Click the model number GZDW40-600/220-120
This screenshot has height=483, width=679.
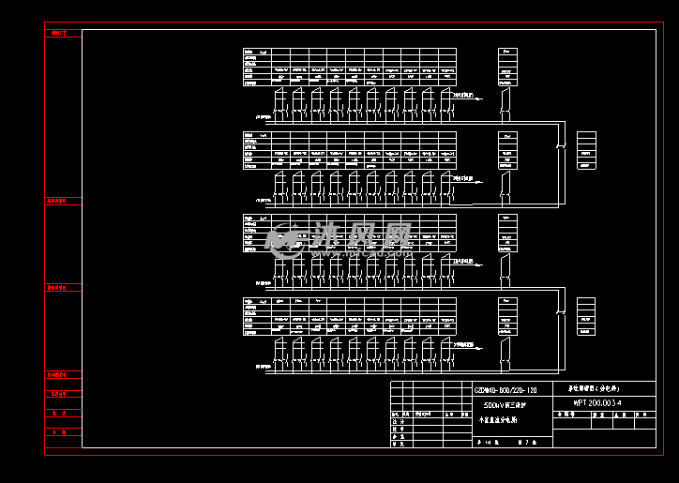(x=505, y=389)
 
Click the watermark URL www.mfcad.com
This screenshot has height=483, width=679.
(x=361, y=252)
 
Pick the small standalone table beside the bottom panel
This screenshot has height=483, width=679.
(x=586, y=315)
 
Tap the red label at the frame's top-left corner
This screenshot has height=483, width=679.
(x=59, y=33)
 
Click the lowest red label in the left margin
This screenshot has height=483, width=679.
(x=59, y=432)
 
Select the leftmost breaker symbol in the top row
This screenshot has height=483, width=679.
(x=279, y=99)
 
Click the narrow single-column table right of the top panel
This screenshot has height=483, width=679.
(x=506, y=67)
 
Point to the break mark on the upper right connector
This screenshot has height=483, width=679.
(x=561, y=146)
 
